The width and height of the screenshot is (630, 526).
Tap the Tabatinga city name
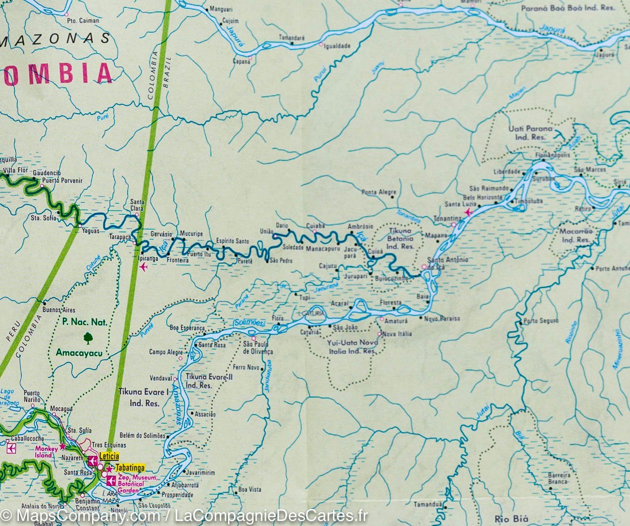[130, 467]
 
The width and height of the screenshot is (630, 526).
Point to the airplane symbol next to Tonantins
[470, 212]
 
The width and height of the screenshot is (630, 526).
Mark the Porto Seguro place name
[542, 320]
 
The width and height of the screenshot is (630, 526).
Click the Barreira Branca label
[558, 478]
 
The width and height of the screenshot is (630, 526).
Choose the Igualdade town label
[337, 46]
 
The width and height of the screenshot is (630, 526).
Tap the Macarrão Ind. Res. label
[575, 236]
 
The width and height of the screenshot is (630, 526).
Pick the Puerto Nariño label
[32, 396]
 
